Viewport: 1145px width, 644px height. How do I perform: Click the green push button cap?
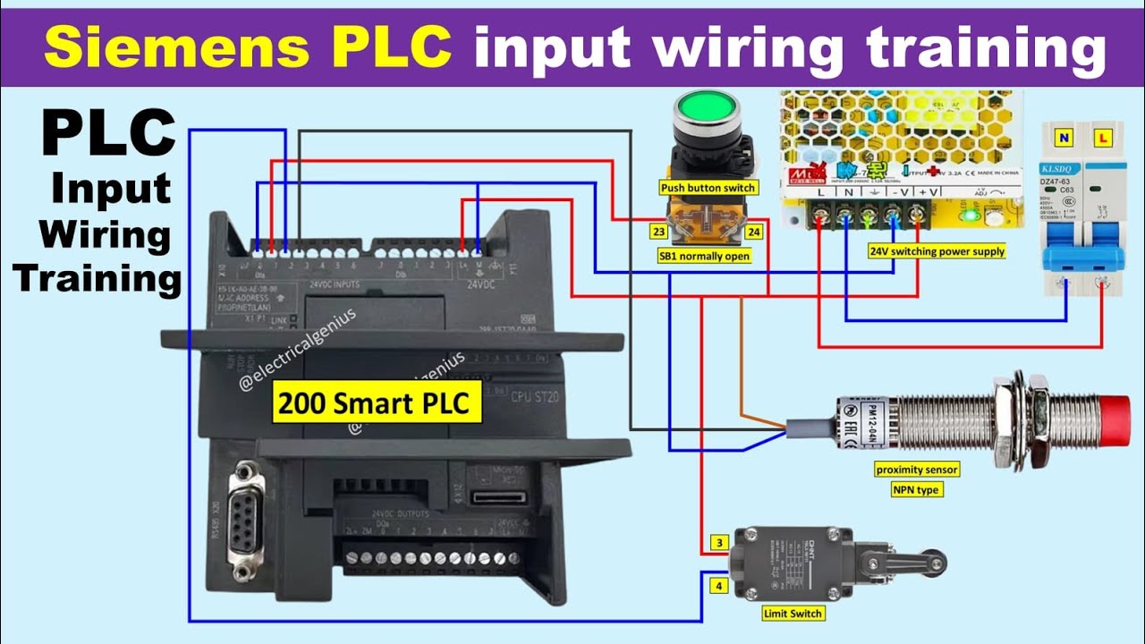[707, 111]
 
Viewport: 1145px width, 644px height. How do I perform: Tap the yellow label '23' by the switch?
[658, 232]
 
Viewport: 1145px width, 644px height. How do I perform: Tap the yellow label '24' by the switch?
[755, 232]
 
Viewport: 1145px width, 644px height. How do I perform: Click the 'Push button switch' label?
[708, 188]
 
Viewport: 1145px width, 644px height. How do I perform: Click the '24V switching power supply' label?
[937, 252]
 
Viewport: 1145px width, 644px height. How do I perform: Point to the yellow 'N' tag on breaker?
[1064, 139]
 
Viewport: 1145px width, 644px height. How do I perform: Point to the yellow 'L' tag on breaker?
[1102, 139]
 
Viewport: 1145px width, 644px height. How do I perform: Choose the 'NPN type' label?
[917, 490]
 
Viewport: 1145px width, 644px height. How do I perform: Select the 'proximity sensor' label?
[917, 470]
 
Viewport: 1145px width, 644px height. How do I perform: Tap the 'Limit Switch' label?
[793, 614]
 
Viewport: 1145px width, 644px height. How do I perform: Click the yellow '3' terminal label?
[718, 543]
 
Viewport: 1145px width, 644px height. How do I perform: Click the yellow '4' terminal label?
[718, 587]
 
